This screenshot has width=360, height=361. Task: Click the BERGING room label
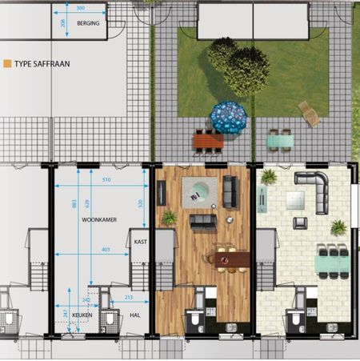pos(88,24)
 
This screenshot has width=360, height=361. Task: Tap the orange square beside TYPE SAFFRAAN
pos(7,62)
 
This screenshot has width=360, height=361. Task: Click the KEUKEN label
pos(82,315)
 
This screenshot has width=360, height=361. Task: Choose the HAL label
pos(134,315)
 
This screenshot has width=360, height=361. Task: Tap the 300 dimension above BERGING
pos(80,8)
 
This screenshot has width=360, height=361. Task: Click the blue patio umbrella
pos(230,117)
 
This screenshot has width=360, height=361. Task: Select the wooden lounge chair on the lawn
pos(309,113)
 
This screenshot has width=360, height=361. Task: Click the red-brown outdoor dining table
pos(208,142)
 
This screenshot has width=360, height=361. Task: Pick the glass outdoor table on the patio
pos(280,142)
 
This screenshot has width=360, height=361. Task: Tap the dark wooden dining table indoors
pos(230,259)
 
